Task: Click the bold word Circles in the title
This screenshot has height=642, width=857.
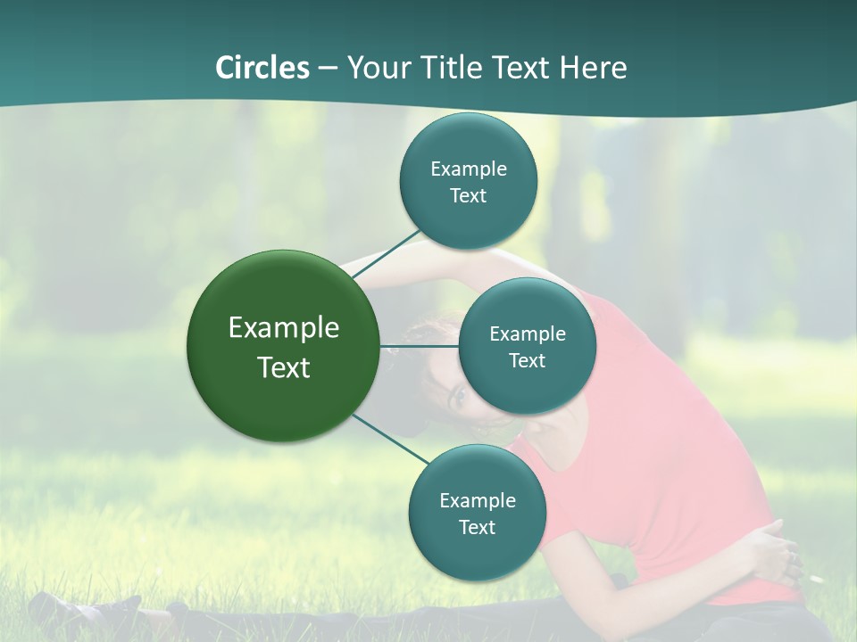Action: point(262,68)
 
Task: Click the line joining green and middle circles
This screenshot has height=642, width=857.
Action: point(419,346)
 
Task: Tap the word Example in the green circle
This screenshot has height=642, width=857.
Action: point(284,328)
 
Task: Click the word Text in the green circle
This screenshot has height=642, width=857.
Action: point(284,367)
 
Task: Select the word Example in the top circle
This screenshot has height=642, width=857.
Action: point(468,169)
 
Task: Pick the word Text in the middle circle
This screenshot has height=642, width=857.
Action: point(527,361)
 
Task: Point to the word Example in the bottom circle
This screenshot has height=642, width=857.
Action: point(477,501)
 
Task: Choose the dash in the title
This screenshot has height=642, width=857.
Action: point(328,68)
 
